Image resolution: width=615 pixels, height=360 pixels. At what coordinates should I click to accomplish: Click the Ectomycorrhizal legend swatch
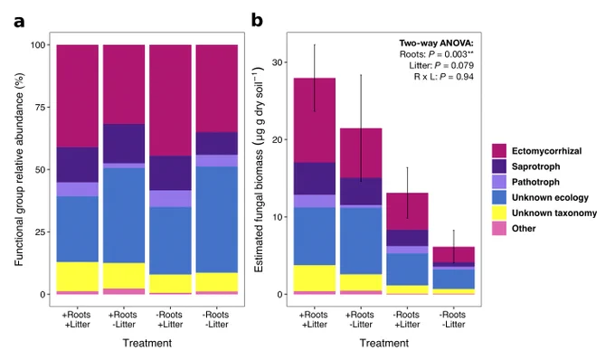click(499, 150)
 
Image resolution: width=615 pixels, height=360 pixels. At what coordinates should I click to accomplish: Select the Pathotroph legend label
click(535, 182)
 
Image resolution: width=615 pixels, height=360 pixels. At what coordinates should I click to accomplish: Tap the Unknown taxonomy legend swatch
click(499, 213)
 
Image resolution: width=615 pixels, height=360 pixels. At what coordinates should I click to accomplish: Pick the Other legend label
click(524, 228)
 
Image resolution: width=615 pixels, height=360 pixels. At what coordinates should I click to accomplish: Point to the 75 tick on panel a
click(41, 107)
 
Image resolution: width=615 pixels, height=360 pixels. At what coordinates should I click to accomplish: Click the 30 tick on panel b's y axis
click(278, 62)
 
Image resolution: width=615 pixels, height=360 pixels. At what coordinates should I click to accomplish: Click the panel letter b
click(257, 20)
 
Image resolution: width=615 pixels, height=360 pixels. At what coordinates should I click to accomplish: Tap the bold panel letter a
click(19, 22)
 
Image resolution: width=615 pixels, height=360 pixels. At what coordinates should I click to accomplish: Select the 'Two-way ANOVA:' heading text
click(436, 43)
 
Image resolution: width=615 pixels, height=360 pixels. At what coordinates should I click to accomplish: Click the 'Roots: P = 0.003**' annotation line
click(436, 54)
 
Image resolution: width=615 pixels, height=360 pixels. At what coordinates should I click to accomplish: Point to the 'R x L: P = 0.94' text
click(443, 77)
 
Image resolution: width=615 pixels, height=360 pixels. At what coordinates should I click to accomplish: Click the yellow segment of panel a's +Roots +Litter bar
click(78, 277)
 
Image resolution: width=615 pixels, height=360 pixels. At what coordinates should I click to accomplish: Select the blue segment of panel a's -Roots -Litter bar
click(217, 220)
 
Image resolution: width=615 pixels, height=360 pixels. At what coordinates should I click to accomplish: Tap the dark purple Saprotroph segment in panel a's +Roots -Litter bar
click(124, 144)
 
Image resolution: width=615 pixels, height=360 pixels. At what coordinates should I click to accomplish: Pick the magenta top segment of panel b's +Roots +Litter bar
click(315, 120)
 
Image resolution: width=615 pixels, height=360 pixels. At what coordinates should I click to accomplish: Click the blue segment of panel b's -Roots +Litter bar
click(407, 270)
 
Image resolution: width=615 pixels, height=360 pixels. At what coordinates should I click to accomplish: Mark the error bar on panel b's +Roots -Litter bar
click(361, 128)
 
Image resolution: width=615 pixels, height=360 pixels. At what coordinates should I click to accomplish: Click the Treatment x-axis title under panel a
click(147, 343)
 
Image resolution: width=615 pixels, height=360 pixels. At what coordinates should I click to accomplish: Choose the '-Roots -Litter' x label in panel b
click(453, 319)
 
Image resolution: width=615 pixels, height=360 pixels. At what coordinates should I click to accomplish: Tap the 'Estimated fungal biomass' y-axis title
click(259, 170)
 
